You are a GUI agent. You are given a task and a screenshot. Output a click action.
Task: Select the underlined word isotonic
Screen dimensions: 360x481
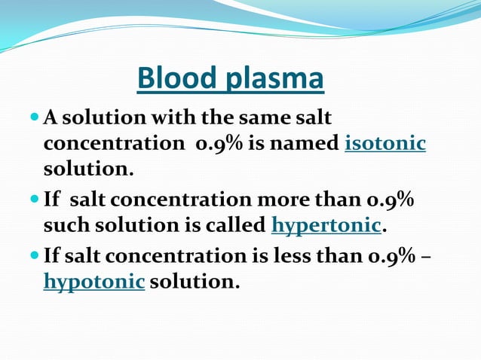point(384,143)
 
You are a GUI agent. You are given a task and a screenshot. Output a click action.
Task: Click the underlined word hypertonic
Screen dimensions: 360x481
point(326,225)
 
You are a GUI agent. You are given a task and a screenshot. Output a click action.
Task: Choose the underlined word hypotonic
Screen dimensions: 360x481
point(94,282)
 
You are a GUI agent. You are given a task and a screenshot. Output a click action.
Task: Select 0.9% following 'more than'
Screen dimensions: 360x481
point(389,200)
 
